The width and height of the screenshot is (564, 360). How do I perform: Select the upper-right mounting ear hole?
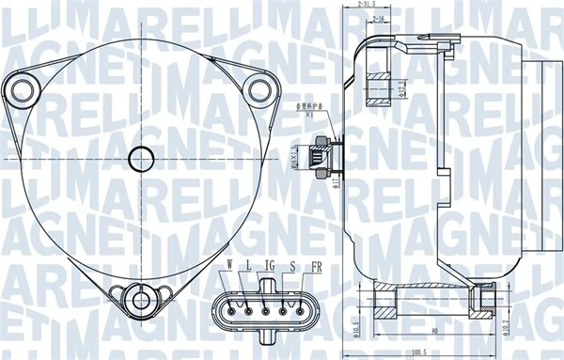click(258, 89)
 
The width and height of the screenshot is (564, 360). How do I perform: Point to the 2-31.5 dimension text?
click(373, 7)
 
